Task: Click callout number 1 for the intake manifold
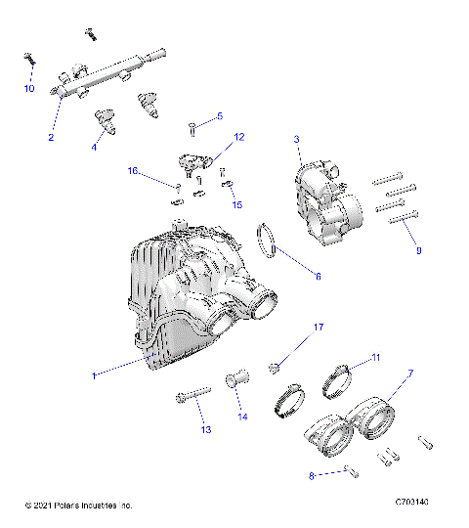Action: (x=95, y=375)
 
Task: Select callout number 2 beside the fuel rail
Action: (x=50, y=138)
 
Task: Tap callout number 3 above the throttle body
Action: (x=296, y=140)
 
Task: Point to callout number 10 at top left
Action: (x=29, y=89)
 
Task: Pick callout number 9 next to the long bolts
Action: (x=418, y=250)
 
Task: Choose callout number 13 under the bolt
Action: (x=206, y=429)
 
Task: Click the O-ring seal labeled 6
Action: (x=269, y=242)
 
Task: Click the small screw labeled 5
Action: (x=193, y=127)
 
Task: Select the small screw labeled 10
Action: (x=28, y=59)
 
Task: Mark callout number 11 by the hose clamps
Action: (x=376, y=359)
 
